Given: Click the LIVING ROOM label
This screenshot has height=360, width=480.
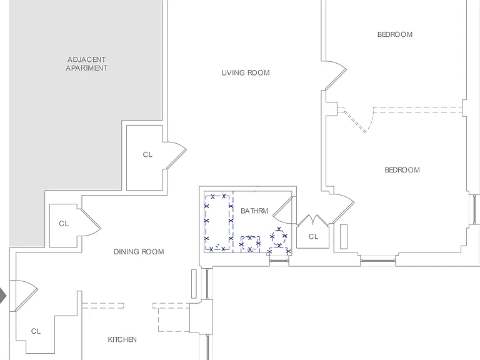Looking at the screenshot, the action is (x=246, y=73).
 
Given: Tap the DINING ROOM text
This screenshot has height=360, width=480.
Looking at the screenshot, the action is (x=139, y=252).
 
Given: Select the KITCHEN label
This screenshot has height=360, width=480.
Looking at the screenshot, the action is (x=122, y=339).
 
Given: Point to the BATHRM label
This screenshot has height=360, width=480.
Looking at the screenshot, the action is (x=254, y=211).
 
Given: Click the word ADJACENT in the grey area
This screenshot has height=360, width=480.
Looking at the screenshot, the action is (x=87, y=59).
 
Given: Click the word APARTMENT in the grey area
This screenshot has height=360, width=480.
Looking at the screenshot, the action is (x=87, y=68).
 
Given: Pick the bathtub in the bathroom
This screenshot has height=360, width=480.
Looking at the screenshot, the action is (x=218, y=222).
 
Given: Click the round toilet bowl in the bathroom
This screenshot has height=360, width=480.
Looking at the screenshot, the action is (x=279, y=236).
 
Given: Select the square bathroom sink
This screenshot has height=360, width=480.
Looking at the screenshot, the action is (x=250, y=244).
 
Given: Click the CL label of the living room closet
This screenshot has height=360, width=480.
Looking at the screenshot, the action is (x=147, y=154).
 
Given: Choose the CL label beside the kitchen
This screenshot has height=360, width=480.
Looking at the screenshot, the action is (x=36, y=331).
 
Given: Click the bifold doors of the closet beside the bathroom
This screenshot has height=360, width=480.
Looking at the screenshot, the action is (x=313, y=219).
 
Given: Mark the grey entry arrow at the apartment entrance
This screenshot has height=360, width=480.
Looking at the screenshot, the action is (x=2, y=296).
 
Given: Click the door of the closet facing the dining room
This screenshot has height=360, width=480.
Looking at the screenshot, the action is (x=91, y=222).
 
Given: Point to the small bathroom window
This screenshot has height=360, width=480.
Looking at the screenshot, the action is (x=279, y=261).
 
